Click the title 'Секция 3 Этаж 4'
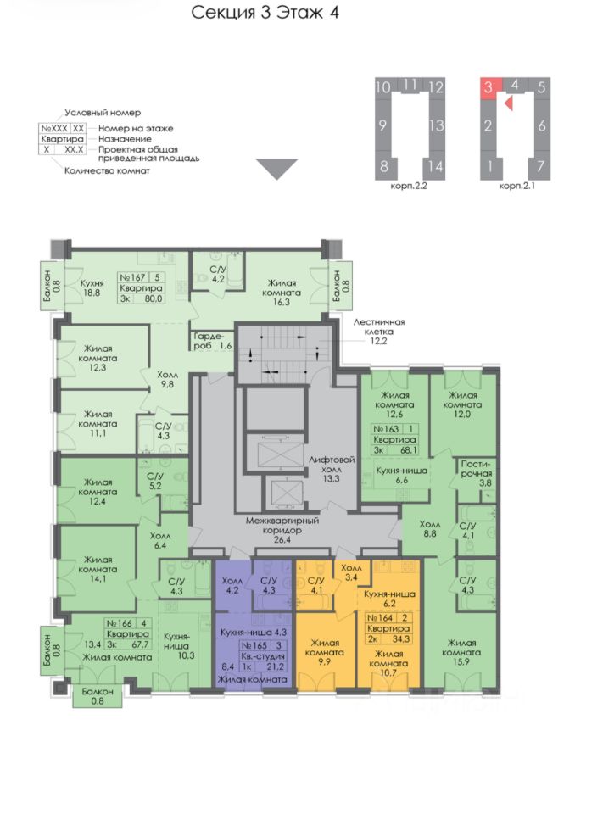(265, 14)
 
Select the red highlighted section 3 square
(488, 87)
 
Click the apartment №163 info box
(395, 440)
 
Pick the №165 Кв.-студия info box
(264, 656)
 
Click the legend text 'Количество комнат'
(108, 170)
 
